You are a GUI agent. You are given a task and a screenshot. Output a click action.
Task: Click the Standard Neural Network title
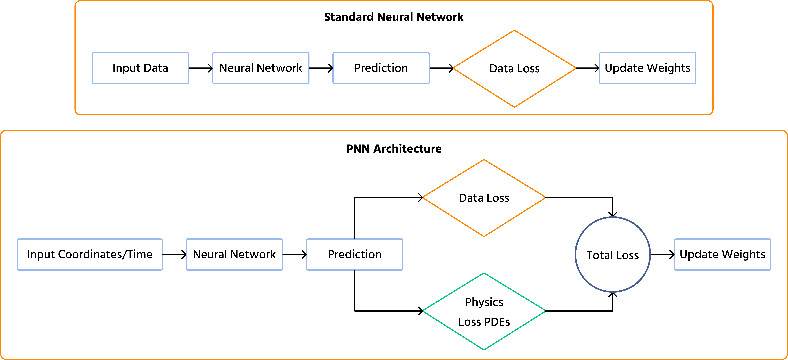(x=394, y=17)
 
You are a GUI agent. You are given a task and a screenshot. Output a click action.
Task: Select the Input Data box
(x=140, y=68)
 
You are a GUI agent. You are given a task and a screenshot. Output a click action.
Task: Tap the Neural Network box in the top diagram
(x=261, y=68)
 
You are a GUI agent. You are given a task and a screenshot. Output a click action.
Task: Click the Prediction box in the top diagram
(x=381, y=68)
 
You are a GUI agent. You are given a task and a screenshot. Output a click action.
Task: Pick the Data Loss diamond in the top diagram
(x=515, y=68)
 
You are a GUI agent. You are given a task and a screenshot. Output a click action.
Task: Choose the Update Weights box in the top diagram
(x=647, y=68)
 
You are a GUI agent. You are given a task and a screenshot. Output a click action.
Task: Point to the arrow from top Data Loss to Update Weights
(x=587, y=68)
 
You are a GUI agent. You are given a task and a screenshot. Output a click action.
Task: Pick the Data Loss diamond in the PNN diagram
(x=484, y=198)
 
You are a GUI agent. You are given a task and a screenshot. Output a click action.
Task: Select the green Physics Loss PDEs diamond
(x=484, y=311)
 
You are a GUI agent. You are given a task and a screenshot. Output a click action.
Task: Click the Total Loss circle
(x=613, y=254)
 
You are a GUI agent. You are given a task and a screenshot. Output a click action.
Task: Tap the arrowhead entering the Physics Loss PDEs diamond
(x=421, y=311)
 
